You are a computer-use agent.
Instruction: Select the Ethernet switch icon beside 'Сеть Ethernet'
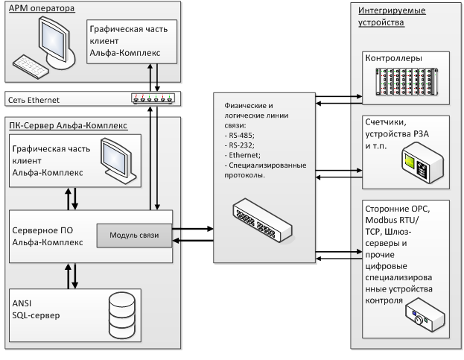[x=155, y=98]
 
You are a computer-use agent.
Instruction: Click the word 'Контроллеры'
[x=393, y=58]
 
